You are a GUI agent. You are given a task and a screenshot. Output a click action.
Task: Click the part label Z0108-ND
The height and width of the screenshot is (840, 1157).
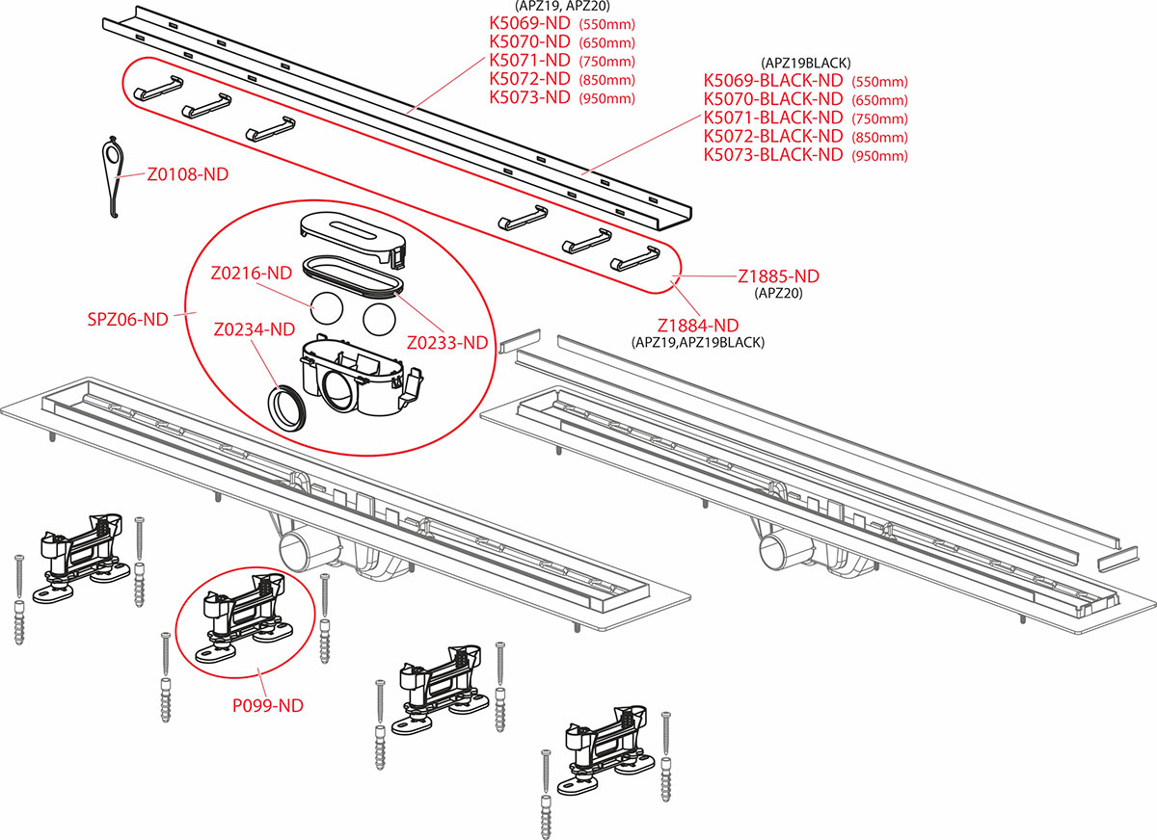pyautogui.click(x=188, y=175)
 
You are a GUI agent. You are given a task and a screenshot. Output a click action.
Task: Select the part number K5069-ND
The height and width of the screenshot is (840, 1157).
pyautogui.click(x=530, y=22)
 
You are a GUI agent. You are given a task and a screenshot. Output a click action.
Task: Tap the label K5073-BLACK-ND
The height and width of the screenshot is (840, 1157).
pyautogui.click(x=773, y=154)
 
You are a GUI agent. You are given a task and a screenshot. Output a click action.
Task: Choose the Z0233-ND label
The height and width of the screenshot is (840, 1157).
pyautogui.click(x=446, y=342)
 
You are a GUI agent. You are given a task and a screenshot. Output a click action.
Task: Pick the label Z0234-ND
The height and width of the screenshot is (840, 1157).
pyautogui.click(x=255, y=329)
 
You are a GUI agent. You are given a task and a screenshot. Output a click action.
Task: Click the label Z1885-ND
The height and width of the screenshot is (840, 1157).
pyautogui.click(x=778, y=276)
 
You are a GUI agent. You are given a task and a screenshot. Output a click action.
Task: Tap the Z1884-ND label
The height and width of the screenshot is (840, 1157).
pyautogui.click(x=697, y=326)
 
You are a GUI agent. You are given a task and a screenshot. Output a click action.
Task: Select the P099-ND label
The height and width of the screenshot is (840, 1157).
pyautogui.click(x=268, y=705)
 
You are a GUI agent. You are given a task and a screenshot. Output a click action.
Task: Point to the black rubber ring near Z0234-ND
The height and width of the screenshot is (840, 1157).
pyautogui.click(x=288, y=407)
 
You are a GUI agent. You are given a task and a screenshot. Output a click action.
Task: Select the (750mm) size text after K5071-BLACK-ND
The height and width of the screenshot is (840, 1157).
pyautogui.click(x=879, y=118)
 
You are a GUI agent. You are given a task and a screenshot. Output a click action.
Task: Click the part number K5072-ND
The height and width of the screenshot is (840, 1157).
pyautogui.click(x=530, y=78)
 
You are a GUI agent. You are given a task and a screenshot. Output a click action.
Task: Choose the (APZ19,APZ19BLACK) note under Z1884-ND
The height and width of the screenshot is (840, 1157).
pyautogui.click(x=697, y=342)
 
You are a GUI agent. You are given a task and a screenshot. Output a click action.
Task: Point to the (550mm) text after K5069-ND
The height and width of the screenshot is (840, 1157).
pyautogui.click(x=606, y=23)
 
